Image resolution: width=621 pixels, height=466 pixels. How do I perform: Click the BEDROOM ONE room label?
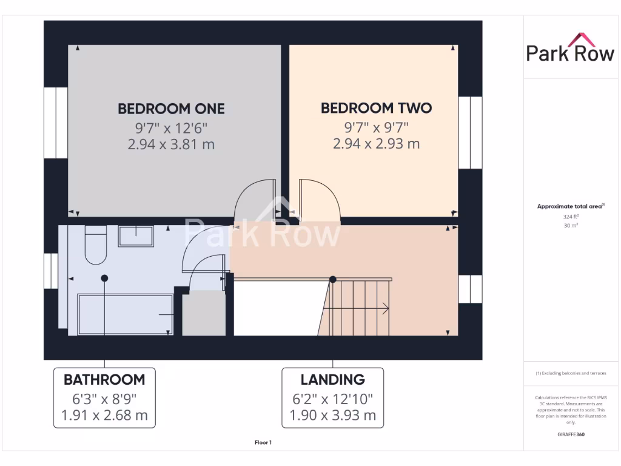coord(171,109)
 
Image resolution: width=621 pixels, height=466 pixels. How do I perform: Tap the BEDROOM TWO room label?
coord(376,108)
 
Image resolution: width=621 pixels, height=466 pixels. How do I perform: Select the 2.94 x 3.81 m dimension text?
coord(171,144)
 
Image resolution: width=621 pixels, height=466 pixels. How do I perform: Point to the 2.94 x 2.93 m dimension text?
coord(376,144)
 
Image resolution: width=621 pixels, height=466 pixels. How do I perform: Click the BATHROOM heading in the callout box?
coord(104,380)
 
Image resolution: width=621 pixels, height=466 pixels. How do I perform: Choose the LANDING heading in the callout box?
coord(332,380)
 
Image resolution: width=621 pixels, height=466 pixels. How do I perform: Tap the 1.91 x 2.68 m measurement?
coord(104,416)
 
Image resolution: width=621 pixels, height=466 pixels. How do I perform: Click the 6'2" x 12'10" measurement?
coord(332,399)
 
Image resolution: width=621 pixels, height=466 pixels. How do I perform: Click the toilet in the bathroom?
coord(96,246)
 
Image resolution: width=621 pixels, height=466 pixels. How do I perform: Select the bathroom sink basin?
coord(135,235)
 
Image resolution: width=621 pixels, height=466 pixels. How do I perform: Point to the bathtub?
coord(125,314)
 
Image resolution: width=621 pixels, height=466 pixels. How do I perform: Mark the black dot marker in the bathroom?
coord(104,279)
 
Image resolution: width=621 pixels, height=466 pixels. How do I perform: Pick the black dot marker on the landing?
coord(332,279)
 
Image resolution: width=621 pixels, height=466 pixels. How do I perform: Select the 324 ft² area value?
coord(570,216)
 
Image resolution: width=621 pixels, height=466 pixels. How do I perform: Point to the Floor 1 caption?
coord(263,443)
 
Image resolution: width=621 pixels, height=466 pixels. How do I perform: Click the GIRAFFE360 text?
coord(570,434)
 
